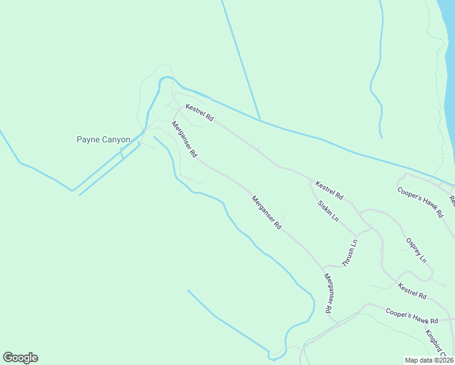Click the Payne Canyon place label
[103, 140]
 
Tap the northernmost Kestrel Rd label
[200, 112]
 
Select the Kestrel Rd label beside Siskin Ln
[329, 190]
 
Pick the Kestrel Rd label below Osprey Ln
[412, 291]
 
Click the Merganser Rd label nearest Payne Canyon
[184, 140]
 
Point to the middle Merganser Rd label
[266, 212]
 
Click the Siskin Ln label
[328, 210]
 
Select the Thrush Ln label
[349, 254]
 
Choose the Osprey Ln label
[416, 250]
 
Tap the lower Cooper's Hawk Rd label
[412, 316]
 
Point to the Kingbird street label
[436, 342]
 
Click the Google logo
[20, 358]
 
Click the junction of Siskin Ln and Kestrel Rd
[310, 180]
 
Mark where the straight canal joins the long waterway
[260, 119]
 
